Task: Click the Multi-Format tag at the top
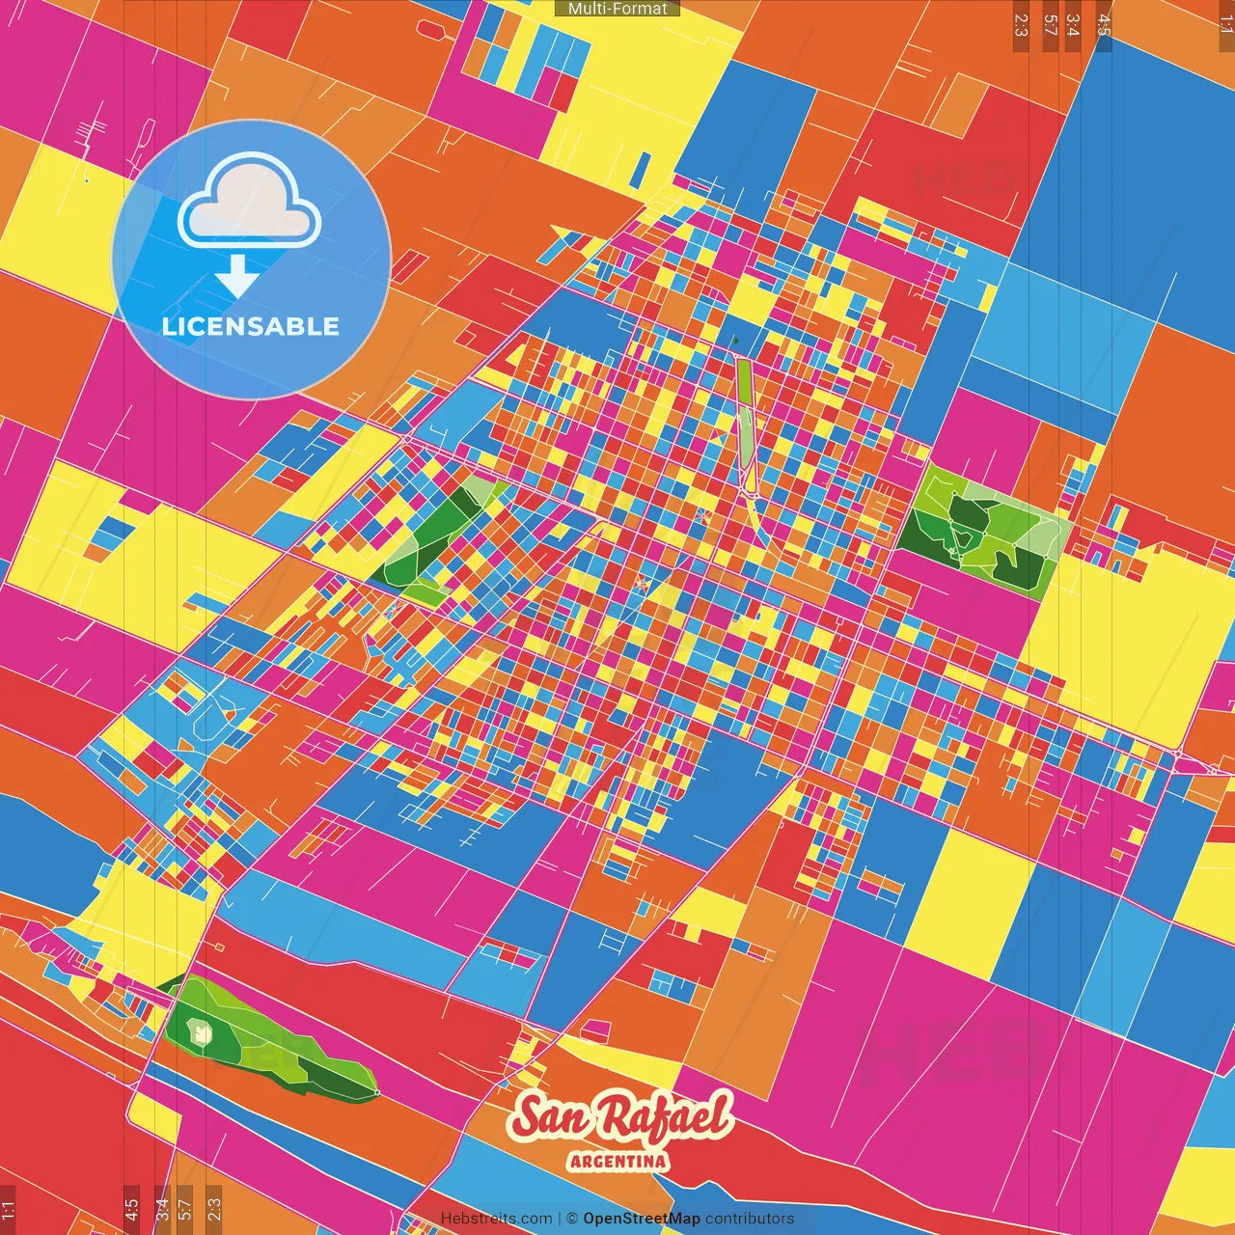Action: coord(617,9)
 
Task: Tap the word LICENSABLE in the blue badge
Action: coord(251,326)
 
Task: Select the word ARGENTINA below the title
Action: coord(618,1161)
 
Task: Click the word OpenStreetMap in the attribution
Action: coord(641,1219)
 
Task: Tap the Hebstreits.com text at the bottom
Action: coord(496,1219)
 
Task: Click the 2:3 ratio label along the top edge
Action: coord(1021,25)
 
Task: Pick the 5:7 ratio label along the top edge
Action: coord(1050,25)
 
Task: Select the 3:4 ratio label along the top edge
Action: coord(1073,25)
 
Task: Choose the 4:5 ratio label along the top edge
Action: coord(1103,25)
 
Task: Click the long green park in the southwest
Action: coord(261,1042)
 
